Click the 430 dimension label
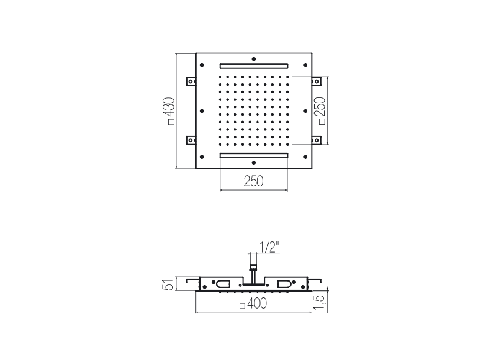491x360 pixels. click(171, 111)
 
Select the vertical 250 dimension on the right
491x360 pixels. click(321, 111)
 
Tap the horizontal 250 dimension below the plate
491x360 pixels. click(254, 181)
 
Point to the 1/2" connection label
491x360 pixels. click(269, 248)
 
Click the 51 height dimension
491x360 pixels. click(170, 284)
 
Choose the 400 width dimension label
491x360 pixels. click(253, 303)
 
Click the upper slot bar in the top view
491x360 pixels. click(254, 66)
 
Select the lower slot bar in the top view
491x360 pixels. click(254, 155)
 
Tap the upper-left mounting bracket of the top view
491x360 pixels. click(191, 81)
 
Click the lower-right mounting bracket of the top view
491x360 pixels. click(316, 140)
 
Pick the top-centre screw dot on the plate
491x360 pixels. click(254, 59)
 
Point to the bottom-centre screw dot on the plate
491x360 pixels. click(254, 163)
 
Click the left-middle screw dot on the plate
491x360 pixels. click(202, 111)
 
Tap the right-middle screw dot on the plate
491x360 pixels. click(306, 111)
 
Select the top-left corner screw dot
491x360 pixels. click(202, 65)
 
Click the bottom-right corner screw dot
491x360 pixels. click(306, 157)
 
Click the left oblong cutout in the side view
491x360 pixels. click(222, 284)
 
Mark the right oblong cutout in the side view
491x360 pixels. click(284, 284)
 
